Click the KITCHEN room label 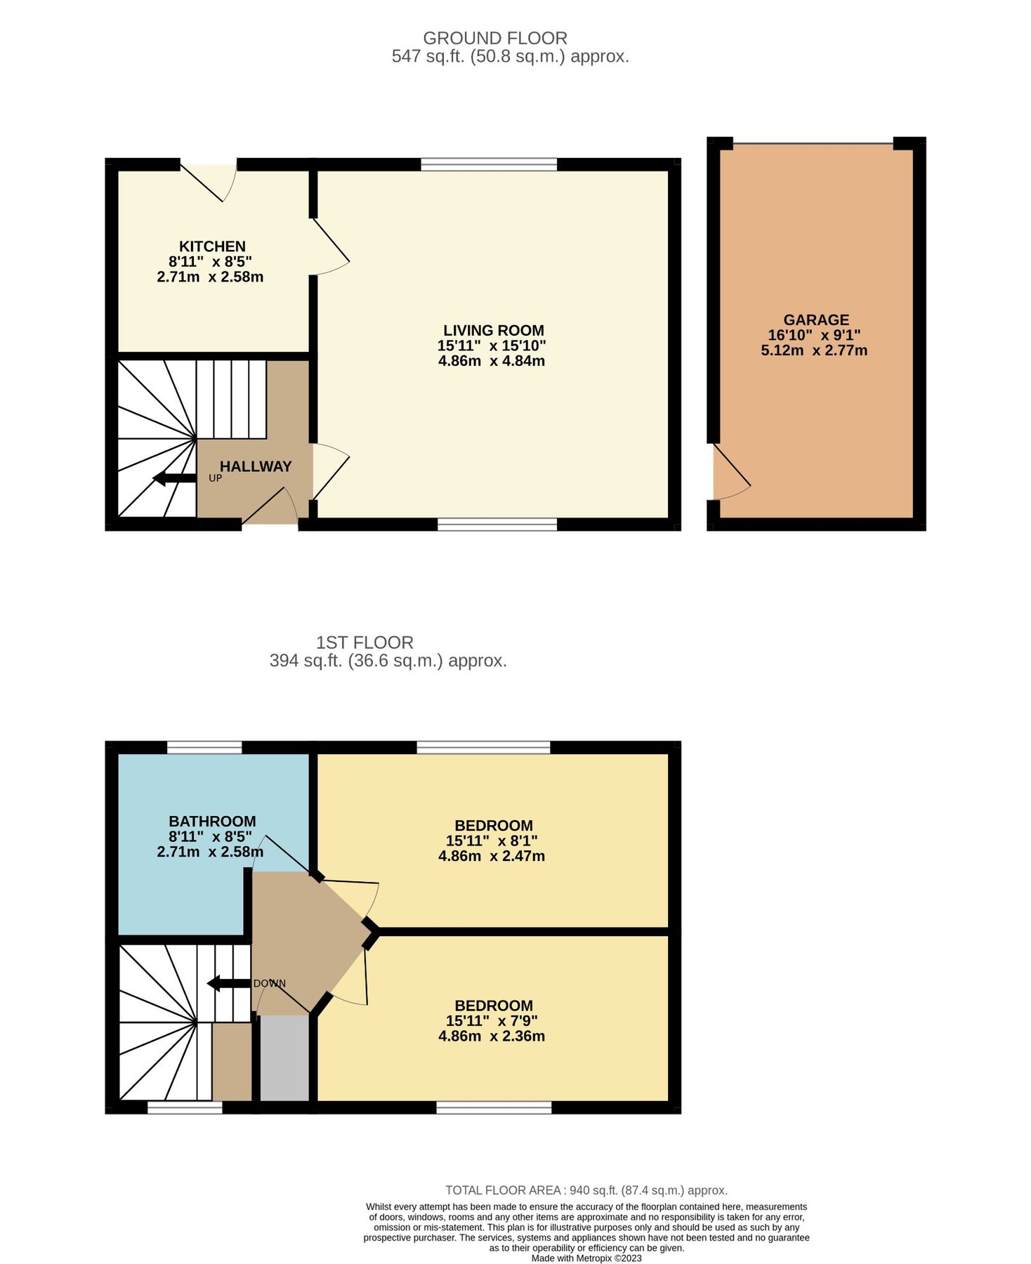click(212, 246)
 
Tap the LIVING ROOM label click(493, 330)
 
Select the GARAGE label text click(816, 320)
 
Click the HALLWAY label click(256, 466)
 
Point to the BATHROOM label click(212, 821)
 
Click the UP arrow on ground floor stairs click(175, 479)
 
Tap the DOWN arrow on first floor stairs click(229, 983)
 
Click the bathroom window click(204, 747)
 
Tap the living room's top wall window click(489, 164)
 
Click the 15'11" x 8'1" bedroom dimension click(492, 841)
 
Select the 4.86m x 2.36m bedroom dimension click(492, 1036)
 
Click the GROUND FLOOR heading click(494, 38)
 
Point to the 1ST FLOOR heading click(365, 642)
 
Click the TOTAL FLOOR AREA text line click(586, 1190)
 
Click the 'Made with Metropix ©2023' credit click(586, 1258)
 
